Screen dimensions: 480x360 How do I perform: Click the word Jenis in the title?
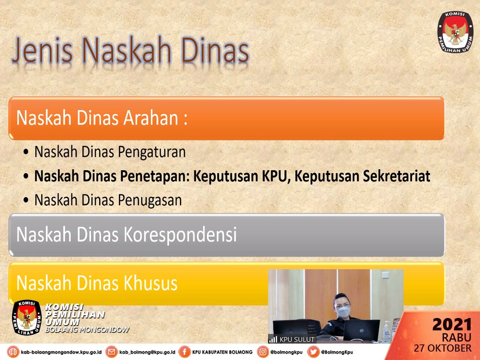[x=43, y=50]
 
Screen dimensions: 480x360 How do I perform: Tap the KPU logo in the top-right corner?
[x=456, y=32]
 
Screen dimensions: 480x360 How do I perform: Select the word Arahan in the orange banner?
[x=151, y=118]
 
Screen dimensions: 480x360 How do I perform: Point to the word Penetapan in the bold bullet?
[x=156, y=176]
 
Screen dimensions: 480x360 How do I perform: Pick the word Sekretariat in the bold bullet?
[x=397, y=176]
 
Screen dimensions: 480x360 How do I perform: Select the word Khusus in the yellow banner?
[x=151, y=283]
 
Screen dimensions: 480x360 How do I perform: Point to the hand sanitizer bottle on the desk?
[x=387, y=331]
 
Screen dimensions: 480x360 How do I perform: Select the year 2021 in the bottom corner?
[x=452, y=324]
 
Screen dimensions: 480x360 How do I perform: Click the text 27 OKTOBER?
[x=443, y=348]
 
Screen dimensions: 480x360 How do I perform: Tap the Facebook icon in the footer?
[x=184, y=352]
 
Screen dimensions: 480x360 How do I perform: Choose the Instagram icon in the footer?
[x=263, y=352]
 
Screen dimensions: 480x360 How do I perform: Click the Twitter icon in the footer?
[x=313, y=352]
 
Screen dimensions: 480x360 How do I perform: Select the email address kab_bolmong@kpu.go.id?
[x=147, y=352]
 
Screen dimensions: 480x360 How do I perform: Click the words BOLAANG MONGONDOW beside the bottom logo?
[x=87, y=329]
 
